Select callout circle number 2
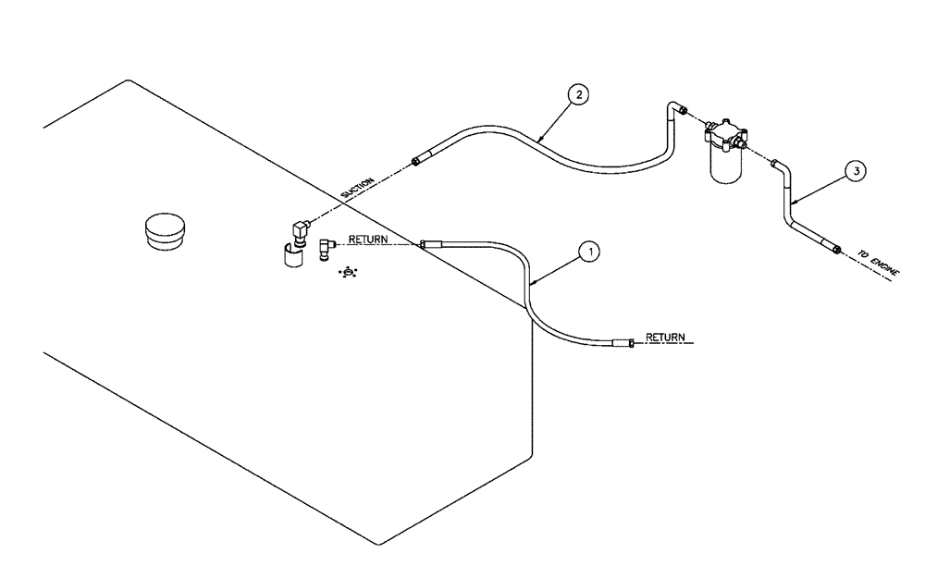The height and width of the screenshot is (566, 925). click(576, 93)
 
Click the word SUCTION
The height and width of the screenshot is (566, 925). click(357, 189)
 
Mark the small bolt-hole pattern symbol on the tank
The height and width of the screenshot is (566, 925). click(350, 273)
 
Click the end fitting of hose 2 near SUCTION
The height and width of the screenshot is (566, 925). click(418, 162)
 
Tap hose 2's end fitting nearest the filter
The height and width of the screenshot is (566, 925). click(681, 111)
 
